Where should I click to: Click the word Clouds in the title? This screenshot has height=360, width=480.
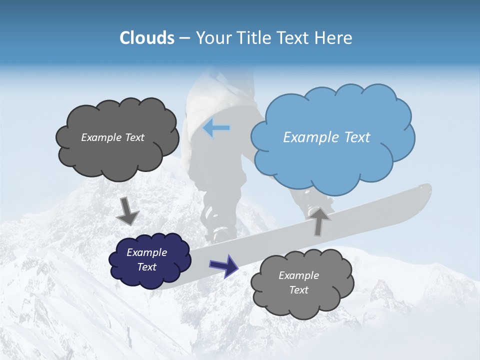point(146,38)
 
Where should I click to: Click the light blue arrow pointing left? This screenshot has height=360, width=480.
point(216,128)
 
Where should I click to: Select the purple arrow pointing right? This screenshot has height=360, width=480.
point(223,265)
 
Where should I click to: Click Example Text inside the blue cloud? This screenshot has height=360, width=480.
point(326,137)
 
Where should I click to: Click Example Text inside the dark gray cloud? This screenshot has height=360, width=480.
point(112,137)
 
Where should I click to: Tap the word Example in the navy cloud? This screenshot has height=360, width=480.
point(146,252)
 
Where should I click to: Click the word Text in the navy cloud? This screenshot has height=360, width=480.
point(146,267)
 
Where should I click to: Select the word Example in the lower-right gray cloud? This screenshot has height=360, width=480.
point(298,275)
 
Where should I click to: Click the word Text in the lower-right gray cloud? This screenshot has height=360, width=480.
point(298,290)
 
